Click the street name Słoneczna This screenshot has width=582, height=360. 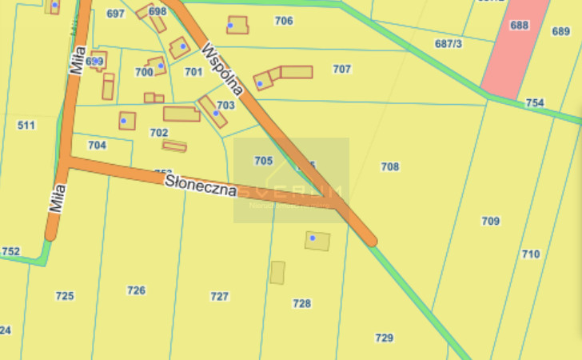201,186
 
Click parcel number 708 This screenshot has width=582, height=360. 390,166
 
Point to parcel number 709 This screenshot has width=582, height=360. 491,221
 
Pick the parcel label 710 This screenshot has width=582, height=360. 530,254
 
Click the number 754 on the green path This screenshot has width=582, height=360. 535,103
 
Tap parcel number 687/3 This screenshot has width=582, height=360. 448,44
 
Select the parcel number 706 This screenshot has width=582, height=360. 284,21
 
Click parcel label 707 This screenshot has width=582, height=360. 342,69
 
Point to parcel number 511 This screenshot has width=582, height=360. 26,125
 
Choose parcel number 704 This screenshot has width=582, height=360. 97,146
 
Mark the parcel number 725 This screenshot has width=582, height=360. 65,296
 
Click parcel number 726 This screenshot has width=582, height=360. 136,290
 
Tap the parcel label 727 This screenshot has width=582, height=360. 219,296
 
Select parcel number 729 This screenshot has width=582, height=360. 385,338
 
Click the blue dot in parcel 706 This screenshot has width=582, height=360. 230,26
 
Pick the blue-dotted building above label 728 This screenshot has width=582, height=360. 317,241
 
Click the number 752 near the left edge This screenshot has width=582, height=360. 10,251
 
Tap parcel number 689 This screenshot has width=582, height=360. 561,31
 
